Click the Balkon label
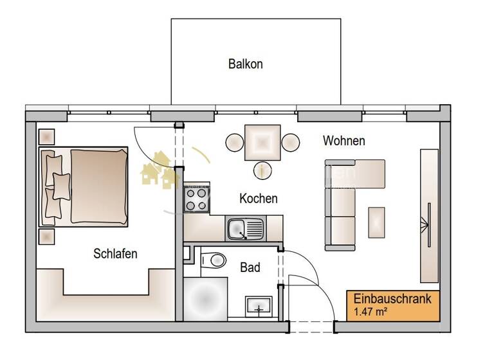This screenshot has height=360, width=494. [x=245, y=64]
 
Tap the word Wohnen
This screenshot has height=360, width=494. [x=343, y=140]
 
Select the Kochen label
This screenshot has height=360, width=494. [x=258, y=198]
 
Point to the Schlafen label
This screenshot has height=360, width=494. [x=115, y=253]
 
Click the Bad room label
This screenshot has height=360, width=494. [x=250, y=267]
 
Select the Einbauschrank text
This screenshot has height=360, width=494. [x=392, y=300]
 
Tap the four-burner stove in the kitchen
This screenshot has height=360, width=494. [x=197, y=199]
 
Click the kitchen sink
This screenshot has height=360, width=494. [x=244, y=228]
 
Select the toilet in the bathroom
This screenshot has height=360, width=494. [x=213, y=260]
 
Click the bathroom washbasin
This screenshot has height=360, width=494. [x=259, y=308]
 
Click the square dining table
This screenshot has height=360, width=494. [x=262, y=142]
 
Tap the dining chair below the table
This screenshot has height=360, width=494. [x=262, y=171]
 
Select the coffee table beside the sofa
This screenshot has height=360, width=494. [x=376, y=221]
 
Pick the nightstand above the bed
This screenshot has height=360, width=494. [x=47, y=137]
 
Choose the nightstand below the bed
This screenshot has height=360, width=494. [x=47, y=237]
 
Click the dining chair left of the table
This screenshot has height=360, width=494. [x=233, y=142]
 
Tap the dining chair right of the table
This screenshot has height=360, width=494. [x=291, y=142]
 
